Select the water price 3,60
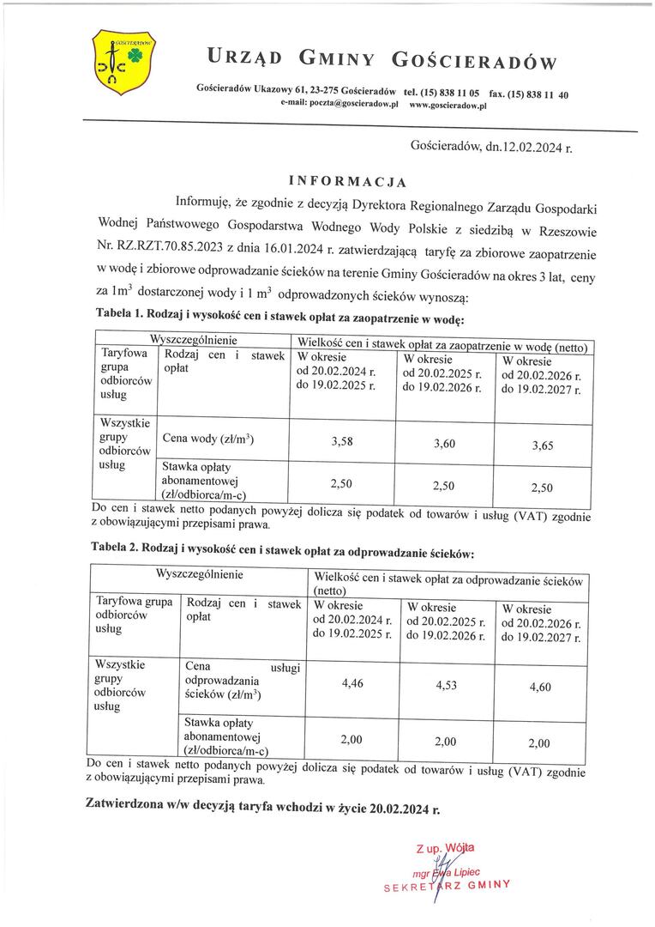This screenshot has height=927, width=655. [444, 443]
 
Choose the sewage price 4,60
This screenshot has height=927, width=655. [540, 688]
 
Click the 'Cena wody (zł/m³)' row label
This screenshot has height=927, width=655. [207, 439]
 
